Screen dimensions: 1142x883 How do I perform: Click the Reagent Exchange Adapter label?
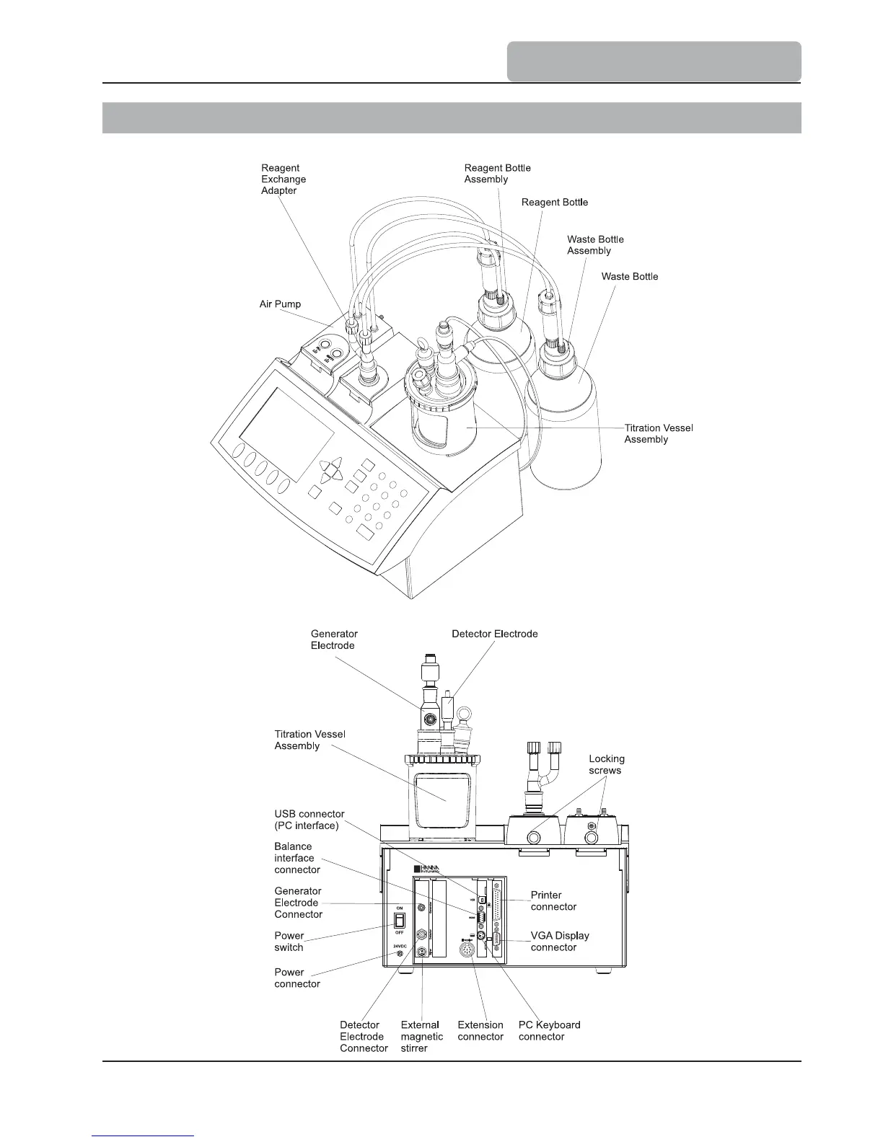click(x=284, y=180)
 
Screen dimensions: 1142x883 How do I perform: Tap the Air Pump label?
click(x=280, y=304)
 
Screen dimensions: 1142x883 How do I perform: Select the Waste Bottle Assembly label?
click(x=595, y=245)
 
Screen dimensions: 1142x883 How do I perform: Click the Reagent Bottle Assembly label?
click(x=497, y=174)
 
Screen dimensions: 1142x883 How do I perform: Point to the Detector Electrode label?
click(x=494, y=634)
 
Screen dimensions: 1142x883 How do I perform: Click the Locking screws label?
click(x=606, y=764)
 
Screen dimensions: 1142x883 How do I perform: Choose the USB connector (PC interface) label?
click(x=309, y=820)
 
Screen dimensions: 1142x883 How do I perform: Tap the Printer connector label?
click(x=553, y=900)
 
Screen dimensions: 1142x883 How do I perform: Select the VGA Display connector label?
click(x=560, y=942)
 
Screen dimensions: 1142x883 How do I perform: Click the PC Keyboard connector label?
click(x=549, y=1031)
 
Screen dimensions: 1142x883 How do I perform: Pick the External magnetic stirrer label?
click(x=421, y=1037)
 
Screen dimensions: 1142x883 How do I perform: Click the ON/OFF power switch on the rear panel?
click(x=398, y=920)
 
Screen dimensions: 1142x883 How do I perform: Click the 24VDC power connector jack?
click(x=400, y=955)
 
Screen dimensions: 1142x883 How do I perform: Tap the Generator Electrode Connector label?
click(x=298, y=903)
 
